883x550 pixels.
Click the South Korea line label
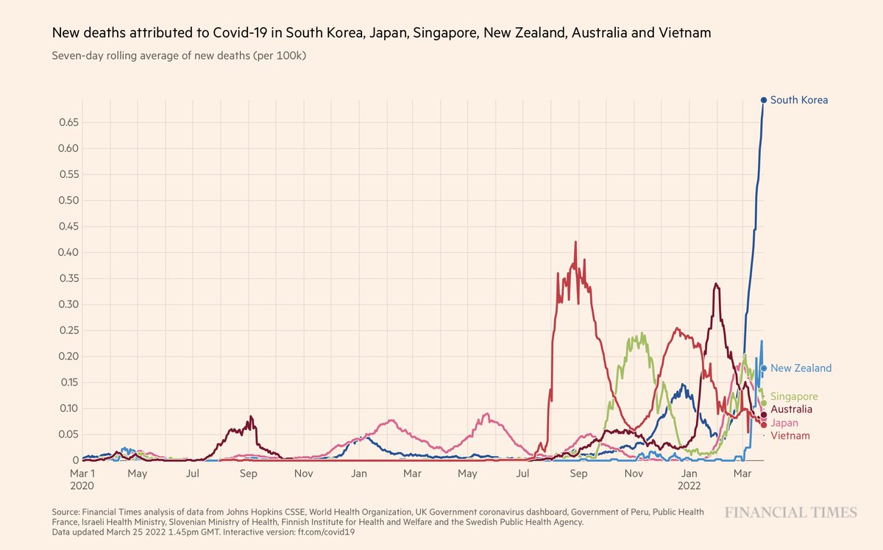pos(799,100)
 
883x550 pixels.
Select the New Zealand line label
pos(801,368)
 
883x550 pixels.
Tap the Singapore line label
pos(794,397)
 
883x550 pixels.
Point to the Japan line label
pos(784,424)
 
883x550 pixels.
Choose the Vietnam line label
pos(789,437)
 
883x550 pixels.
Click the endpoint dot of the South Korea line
pos(764,100)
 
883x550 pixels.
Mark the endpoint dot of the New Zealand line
pos(765,368)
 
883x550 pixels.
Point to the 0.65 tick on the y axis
pos(69,123)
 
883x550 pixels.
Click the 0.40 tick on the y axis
pos(69,253)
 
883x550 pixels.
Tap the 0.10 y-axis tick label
pos(69,409)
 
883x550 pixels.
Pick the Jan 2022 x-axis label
pos(689,479)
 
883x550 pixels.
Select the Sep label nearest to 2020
pos(248,474)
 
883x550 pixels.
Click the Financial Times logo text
pos(790,512)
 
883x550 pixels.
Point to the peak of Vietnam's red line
pos(575,242)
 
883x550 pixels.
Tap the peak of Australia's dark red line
pos(716,284)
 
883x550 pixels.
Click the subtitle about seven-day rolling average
pos(179,56)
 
